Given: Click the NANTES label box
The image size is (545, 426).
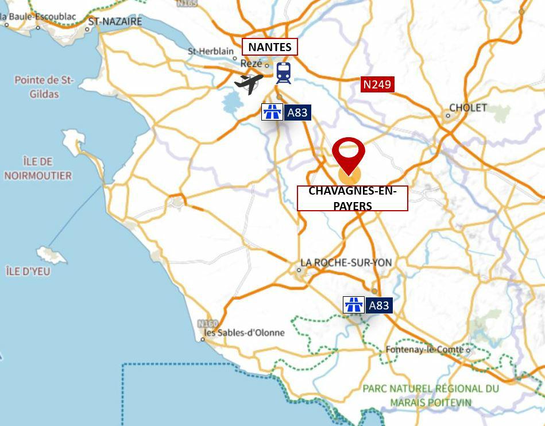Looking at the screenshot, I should click(x=270, y=47).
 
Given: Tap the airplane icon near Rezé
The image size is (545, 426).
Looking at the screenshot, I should click(x=249, y=83).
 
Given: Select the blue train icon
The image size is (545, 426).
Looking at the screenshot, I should click(x=283, y=73).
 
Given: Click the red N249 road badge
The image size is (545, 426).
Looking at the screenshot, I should click(x=377, y=84).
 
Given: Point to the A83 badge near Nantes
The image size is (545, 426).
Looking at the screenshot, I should click(x=297, y=112).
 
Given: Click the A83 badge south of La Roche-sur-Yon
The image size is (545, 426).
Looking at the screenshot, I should click(x=378, y=305).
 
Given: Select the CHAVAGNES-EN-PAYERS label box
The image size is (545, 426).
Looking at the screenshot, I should click(x=352, y=198).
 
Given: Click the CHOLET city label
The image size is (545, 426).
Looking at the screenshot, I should click(x=468, y=107).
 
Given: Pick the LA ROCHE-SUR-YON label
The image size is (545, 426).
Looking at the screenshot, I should click(x=346, y=262).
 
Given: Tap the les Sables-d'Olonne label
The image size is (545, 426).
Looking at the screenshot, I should click(x=245, y=332).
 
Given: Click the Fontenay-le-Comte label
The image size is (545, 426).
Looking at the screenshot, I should click(x=424, y=349).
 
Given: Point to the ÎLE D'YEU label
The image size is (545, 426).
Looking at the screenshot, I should click(x=28, y=271).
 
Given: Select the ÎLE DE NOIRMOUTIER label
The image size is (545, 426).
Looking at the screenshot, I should click(x=38, y=169).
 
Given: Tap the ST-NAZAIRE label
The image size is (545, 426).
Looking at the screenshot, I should click(x=114, y=21).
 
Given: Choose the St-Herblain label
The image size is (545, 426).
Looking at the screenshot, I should click(x=211, y=52).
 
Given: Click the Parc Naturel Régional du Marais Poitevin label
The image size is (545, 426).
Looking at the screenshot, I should click(x=431, y=395).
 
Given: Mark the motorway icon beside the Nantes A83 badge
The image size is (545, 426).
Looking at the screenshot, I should click(x=272, y=112).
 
